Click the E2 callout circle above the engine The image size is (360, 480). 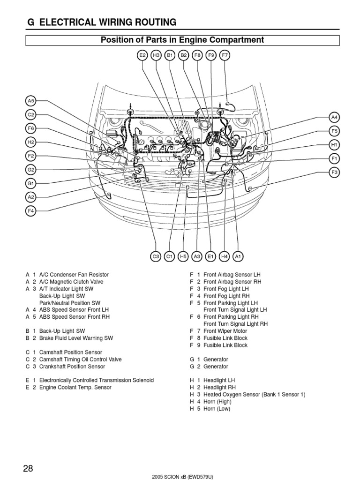(142, 55)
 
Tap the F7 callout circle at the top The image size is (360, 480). (225, 55)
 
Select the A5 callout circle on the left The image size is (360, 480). (31, 100)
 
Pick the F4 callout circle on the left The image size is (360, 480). (31, 211)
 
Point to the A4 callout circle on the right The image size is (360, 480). (334, 117)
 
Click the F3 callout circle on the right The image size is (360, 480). (334, 172)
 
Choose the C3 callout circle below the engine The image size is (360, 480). (156, 256)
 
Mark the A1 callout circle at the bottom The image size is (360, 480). (238, 256)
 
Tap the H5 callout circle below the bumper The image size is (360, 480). (183, 256)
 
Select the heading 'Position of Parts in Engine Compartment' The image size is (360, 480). (182, 40)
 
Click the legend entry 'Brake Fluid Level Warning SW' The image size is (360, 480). (76, 338)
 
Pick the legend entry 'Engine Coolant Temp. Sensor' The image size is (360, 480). (75, 388)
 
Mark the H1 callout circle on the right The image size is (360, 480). (334, 145)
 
